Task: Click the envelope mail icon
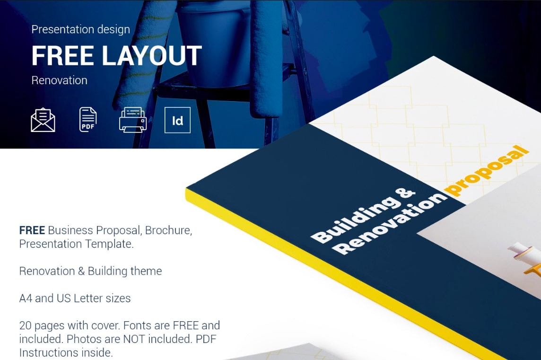pyautogui.click(x=43, y=120)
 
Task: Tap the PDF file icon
pyautogui.click(x=88, y=119)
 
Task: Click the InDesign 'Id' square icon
pyautogui.click(x=177, y=120)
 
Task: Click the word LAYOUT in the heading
pyautogui.click(x=152, y=55)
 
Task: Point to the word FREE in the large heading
pyautogui.click(x=62, y=55)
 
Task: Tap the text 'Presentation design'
pyautogui.click(x=81, y=29)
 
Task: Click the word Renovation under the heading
pyautogui.click(x=59, y=80)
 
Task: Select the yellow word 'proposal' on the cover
pyautogui.click(x=487, y=170)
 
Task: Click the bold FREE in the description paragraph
pyautogui.click(x=32, y=230)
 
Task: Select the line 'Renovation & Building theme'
pyautogui.click(x=90, y=271)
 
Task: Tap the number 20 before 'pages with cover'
pyautogui.click(x=25, y=325)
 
